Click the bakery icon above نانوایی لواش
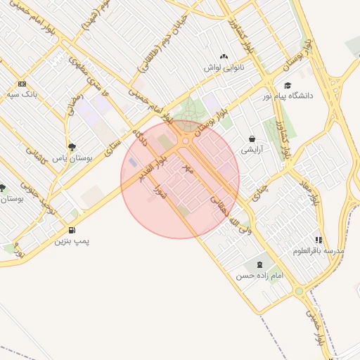click(224, 56)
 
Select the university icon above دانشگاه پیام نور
click(288, 85)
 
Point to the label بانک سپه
click(22, 94)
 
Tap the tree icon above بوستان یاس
click(72, 147)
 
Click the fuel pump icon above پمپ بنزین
click(72, 231)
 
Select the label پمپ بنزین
click(72, 241)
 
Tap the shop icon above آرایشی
click(251, 139)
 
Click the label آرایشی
click(251, 150)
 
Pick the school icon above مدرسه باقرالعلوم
click(319, 240)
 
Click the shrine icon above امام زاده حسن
click(261, 265)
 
